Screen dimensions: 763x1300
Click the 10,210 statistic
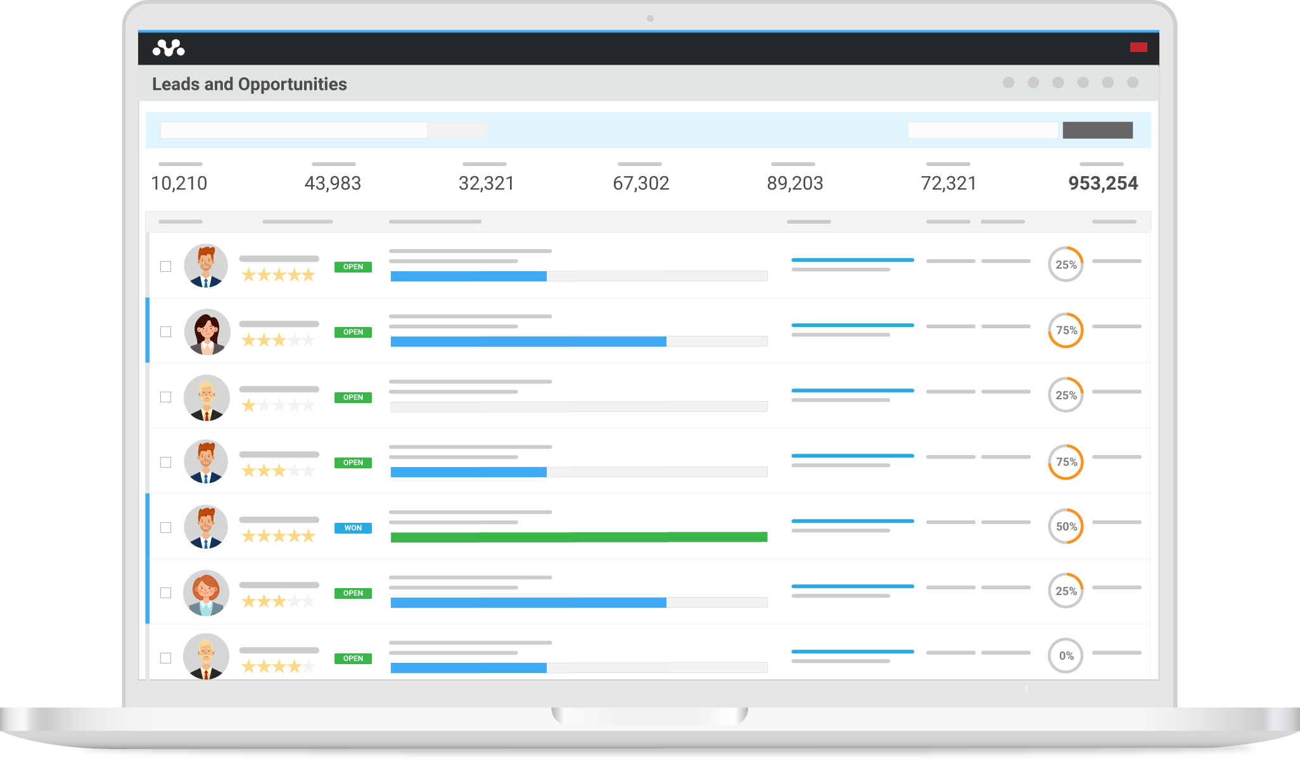[179, 184]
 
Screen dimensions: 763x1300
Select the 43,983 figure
[333, 184]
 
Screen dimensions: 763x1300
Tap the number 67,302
[640, 184]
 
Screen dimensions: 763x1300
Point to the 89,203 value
[794, 184]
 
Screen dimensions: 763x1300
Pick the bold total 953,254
[1103, 184]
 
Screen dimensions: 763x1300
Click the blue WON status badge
[353, 528]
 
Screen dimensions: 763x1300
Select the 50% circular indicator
[1066, 527]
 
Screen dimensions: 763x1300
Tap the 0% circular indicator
[1066, 656]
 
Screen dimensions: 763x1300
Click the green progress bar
[578, 537]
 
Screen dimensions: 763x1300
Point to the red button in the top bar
[1138, 48]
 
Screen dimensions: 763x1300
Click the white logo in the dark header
[169, 48]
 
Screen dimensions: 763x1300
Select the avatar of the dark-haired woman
[207, 331]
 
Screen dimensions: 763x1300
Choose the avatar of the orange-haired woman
[207, 593]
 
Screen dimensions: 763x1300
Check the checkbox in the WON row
[166, 528]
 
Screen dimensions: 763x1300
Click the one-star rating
[278, 406]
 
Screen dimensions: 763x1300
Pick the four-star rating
[278, 667]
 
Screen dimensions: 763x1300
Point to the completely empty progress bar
[578, 407]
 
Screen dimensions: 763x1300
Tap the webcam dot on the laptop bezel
[650, 18]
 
